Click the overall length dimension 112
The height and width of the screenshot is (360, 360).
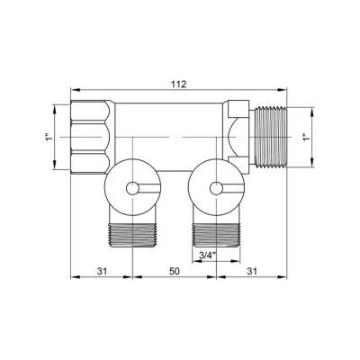pyautogui.click(x=179, y=85)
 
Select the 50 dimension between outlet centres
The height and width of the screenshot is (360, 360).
pyautogui.click(x=175, y=271)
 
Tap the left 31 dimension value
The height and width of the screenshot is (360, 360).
pyautogui.click(x=102, y=271)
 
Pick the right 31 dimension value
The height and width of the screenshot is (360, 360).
pyautogui.click(x=252, y=271)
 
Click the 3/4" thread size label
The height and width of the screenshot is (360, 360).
pyautogui.click(x=208, y=256)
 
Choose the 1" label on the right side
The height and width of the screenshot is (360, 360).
pyautogui.click(x=306, y=137)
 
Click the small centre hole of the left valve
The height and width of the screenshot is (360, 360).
pyautogui.click(x=132, y=189)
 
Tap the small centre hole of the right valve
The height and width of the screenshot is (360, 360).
pyautogui.click(x=216, y=189)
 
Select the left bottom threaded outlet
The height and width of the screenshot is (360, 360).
pyautogui.click(x=132, y=235)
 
